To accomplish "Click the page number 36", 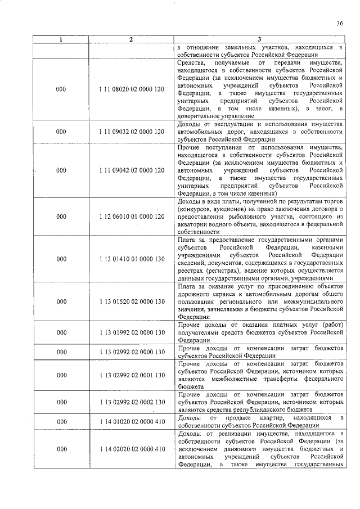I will (x=339, y=23).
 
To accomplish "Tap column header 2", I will (x=131, y=39).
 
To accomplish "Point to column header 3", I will (x=259, y=39).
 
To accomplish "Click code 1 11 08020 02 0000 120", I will (x=131, y=89).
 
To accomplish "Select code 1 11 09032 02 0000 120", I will (x=131, y=131).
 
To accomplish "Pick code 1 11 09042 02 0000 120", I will (x=131, y=169).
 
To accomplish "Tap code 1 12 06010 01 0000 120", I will (x=131, y=215).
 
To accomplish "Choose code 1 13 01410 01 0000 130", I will (x=131, y=259).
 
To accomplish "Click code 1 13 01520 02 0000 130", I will (x=131, y=301).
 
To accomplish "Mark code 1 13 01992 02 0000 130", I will (x=131, y=332).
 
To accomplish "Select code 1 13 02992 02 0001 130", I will (x=131, y=375).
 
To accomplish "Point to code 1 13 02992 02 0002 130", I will (x=131, y=402).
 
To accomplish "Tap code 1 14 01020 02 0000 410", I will (x=131, y=422).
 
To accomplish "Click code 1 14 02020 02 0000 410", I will (x=131, y=449).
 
